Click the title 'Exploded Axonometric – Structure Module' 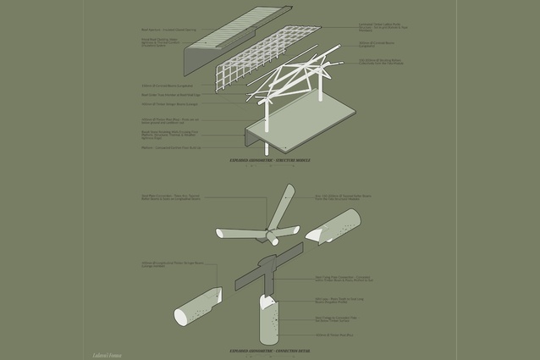(x=270, y=159)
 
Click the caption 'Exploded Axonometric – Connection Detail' (x=270, y=349)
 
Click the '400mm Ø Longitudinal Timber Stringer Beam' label (x=169, y=265)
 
